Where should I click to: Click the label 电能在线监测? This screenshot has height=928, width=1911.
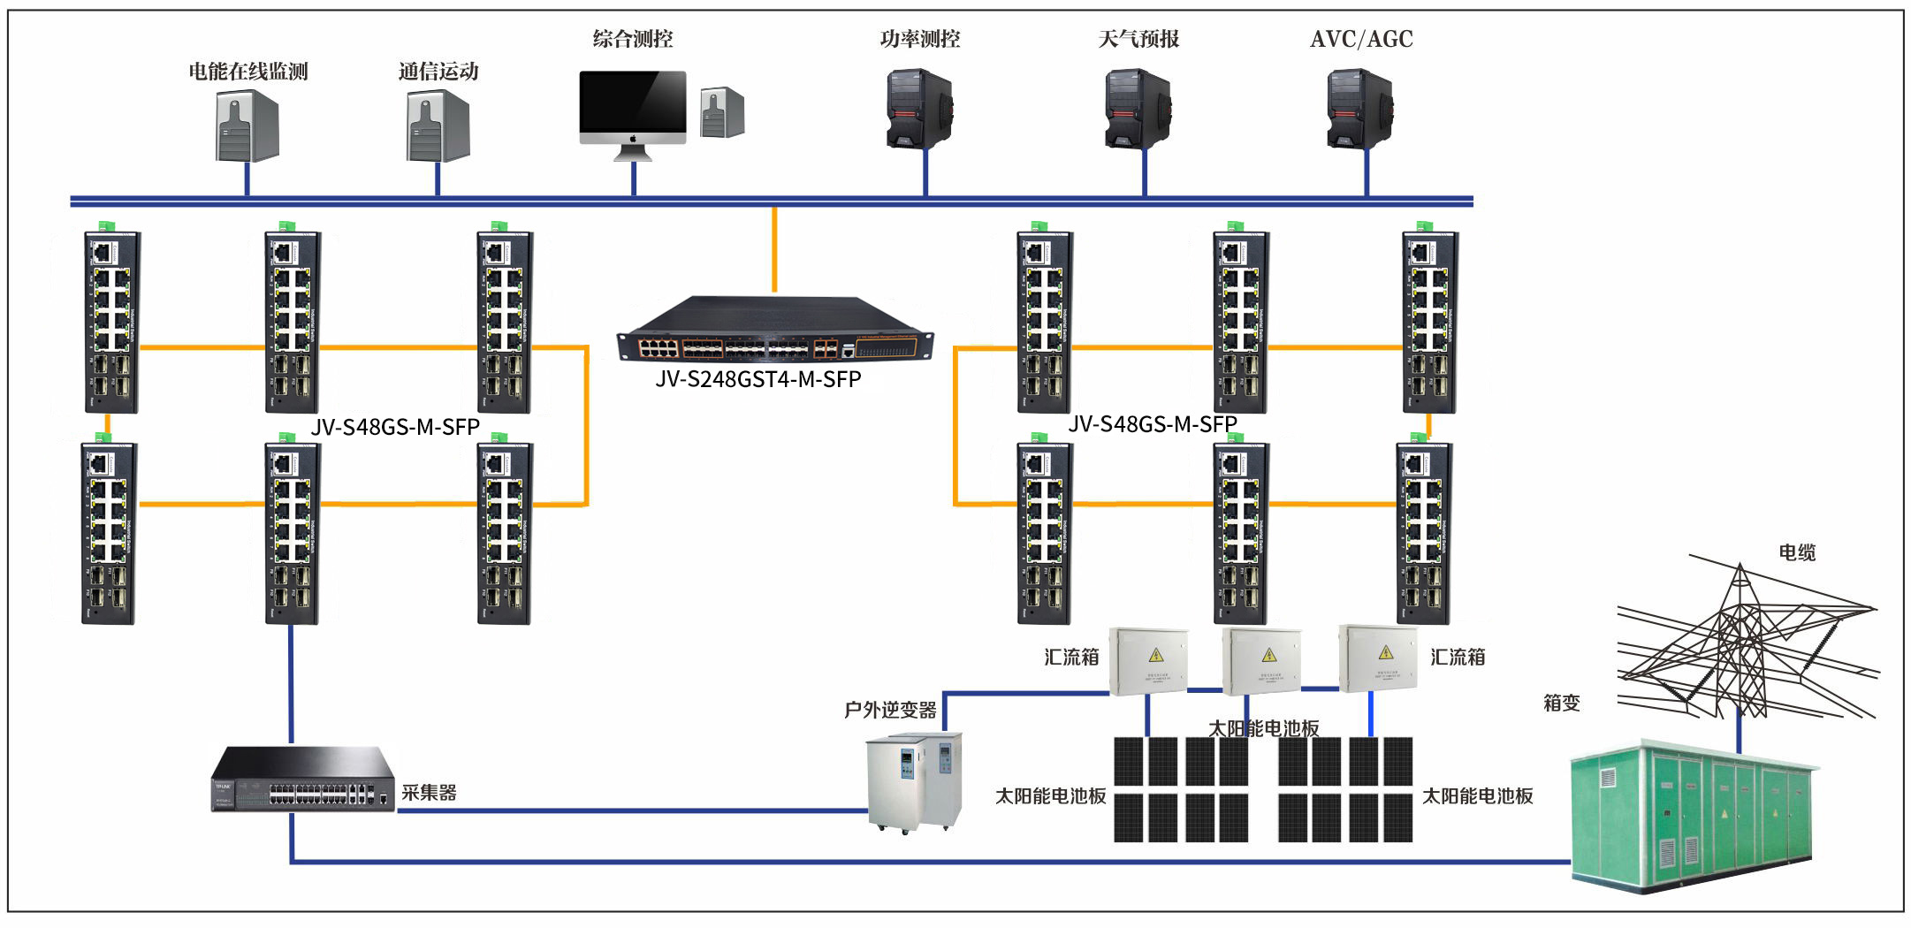[247, 72]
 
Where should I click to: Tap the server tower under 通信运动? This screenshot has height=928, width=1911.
[438, 126]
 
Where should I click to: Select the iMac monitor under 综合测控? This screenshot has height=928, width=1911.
[633, 108]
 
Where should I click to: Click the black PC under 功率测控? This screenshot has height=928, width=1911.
[919, 110]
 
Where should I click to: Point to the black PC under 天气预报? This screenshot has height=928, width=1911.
[1138, 110]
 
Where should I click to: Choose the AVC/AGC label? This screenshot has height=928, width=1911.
[1361, 39]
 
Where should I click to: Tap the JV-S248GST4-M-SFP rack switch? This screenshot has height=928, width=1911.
[774, 330]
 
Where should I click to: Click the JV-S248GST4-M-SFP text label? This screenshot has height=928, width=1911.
[758, 379]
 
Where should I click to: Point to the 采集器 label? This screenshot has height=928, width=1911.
[430, 793]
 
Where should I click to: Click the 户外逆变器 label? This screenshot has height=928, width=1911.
[890, 710]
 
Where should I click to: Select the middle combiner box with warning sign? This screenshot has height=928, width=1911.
[1261, 660]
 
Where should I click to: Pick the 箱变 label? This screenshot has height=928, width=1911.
[1561, 703]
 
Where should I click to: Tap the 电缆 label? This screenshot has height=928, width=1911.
[1797, 552]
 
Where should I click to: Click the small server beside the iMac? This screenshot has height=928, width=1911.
[722, 112]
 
